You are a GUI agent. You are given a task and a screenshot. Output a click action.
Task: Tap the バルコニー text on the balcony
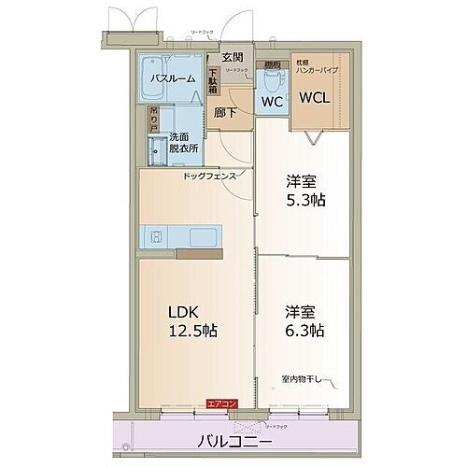click(233, 440)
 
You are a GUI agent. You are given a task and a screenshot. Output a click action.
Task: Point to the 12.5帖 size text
click(194, 331)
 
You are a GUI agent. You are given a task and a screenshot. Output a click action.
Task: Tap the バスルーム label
click(174, 78)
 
